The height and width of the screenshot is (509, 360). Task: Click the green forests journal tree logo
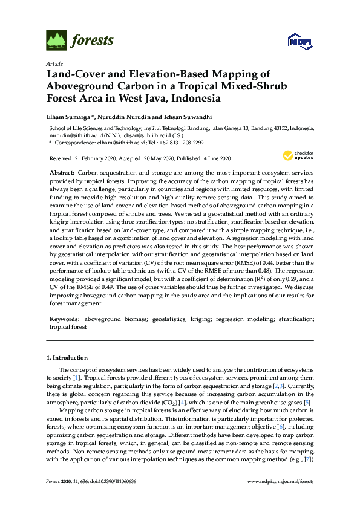[56, 41]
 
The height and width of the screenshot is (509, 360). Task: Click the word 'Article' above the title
[54, 63]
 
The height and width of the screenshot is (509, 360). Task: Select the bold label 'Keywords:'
[64, 319]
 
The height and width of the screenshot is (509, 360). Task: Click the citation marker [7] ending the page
[309, 460]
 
